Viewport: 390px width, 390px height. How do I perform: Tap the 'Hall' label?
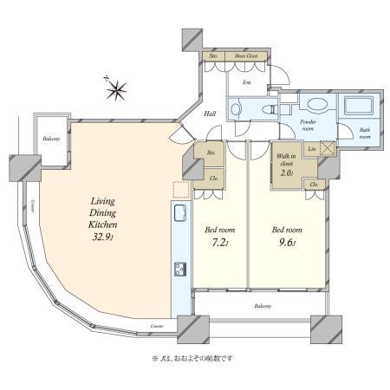[210, 114]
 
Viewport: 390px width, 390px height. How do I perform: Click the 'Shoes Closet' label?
[247, 56]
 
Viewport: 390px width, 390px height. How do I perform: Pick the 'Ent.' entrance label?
[246, 83]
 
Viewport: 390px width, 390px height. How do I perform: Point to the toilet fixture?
[275, 110]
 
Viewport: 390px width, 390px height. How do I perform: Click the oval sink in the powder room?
[317, 107]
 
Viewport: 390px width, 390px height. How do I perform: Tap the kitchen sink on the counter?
[180, 214]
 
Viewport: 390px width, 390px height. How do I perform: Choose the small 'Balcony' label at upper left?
[52, 139]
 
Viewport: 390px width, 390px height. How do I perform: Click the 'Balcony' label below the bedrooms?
[263, 307]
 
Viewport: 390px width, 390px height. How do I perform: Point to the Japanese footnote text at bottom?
[192, 357]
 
